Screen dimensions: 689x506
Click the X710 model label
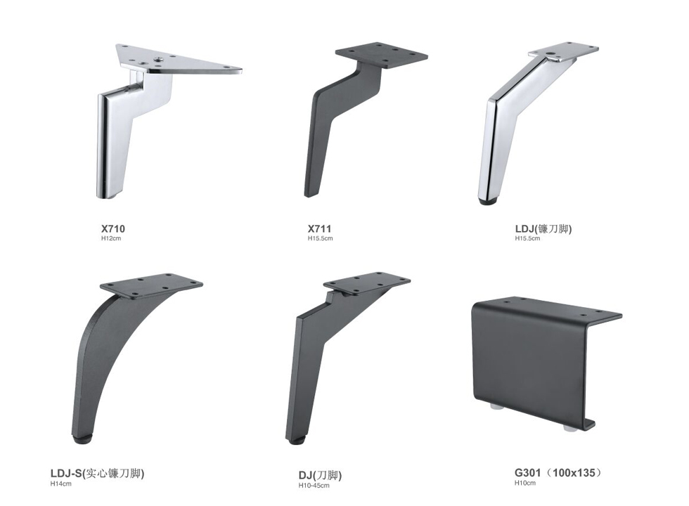click(113, 229)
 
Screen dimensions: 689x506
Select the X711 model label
click(319, 229)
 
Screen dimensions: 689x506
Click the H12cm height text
click(111, 238)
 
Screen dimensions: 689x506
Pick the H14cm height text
click(60, 484)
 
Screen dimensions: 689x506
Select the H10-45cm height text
click(314, 486)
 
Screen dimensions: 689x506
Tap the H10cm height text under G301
click(525, 483)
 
